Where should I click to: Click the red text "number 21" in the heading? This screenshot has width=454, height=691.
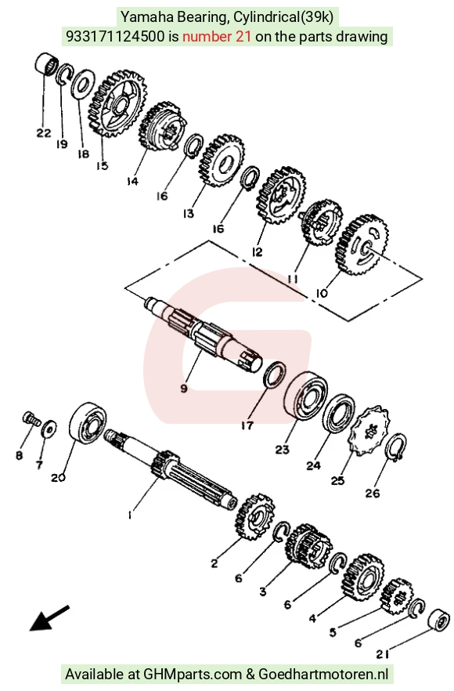(x=217, y=36)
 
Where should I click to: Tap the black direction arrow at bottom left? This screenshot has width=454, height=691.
(x=49, y=618)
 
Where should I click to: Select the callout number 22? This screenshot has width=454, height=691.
(x=43, y=132)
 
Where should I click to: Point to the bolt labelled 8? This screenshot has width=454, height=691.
(x=30, y=418)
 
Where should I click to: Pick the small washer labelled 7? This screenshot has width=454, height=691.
(x=49, y=429)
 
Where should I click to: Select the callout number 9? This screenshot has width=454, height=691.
(x=184, y=388)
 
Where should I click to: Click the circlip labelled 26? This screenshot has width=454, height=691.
(x=397, y=446)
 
